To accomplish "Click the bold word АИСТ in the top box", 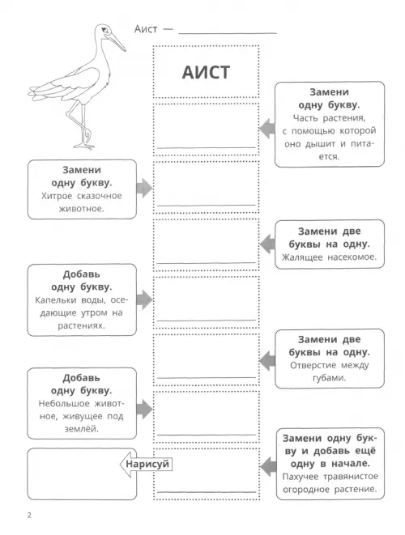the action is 206,72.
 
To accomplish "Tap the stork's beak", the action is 117,41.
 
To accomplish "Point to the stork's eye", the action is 106,30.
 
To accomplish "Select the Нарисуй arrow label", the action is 146,464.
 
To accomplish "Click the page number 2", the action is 29,515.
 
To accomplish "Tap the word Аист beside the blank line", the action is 146,29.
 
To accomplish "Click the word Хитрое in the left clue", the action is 57,196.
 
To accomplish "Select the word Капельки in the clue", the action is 55,300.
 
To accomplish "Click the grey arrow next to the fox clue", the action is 144,188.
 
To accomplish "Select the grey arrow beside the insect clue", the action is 267,244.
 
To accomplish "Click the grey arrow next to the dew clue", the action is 144,300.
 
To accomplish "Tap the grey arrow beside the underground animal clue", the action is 144,409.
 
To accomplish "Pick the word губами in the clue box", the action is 329,378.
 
